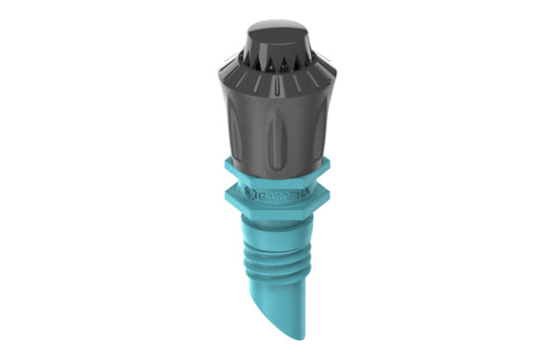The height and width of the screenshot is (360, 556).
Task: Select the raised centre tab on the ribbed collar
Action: click(277, 87)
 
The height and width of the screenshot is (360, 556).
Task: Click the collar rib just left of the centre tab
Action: click(258, 84)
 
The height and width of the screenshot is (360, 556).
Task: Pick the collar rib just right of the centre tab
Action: click(297, 84)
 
